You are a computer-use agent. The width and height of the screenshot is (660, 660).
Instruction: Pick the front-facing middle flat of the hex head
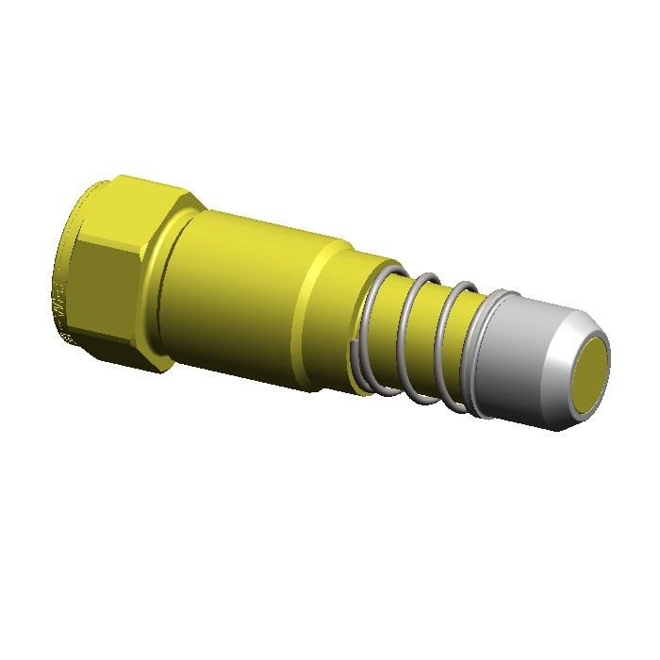coord(113,283)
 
